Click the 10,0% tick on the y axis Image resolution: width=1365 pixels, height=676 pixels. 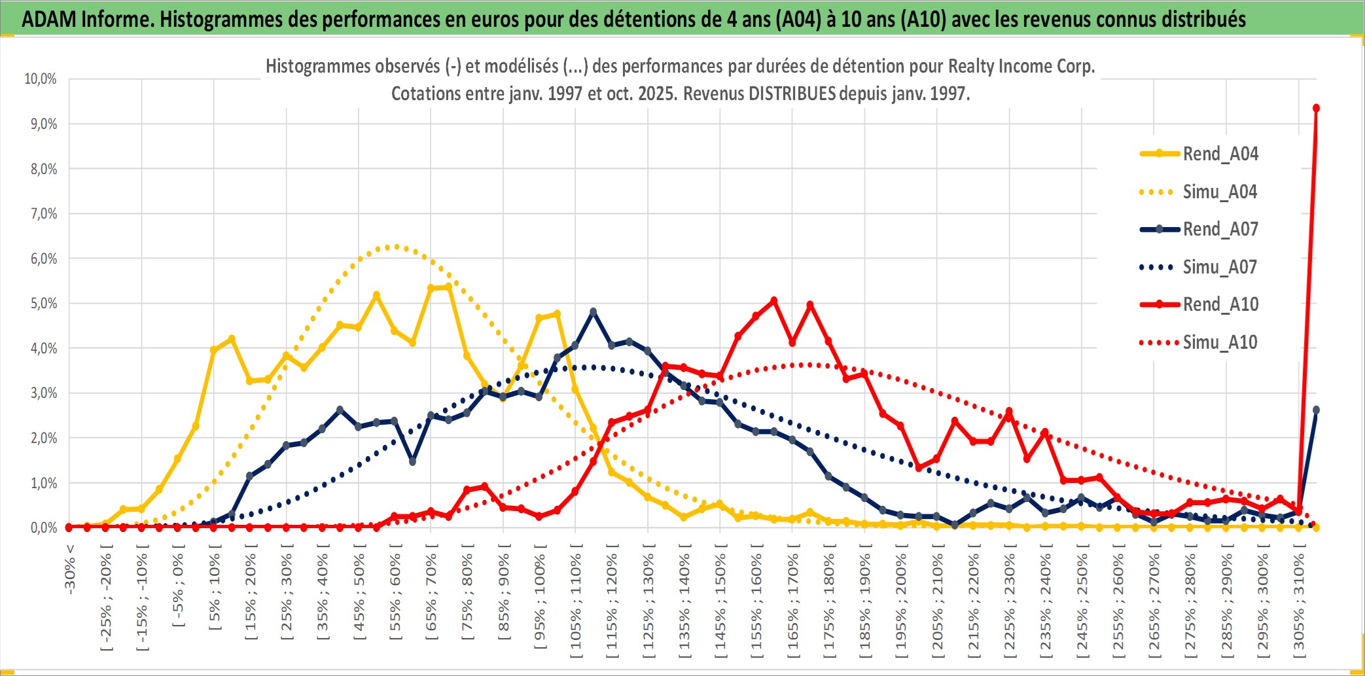click(x=41, y=79)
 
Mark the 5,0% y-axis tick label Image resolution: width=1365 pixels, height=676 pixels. click(x=43, y=304)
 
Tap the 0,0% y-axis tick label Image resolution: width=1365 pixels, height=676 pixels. click(x=43, y=528)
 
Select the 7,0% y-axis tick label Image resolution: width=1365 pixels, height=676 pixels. click(x=43, y=214)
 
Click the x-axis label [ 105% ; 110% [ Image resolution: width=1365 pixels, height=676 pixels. click(x=576, y=602)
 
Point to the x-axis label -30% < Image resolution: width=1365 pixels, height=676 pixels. click(x=70, y=569)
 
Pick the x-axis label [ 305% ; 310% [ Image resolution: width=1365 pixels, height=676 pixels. click(x=1299, y=602)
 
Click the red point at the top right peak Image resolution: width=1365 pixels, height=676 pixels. click(x=1316, y=108)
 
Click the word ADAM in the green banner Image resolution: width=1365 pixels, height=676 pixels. click(x=49, y=20)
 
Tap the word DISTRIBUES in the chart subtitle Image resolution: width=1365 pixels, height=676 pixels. click(x=792, y=94)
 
